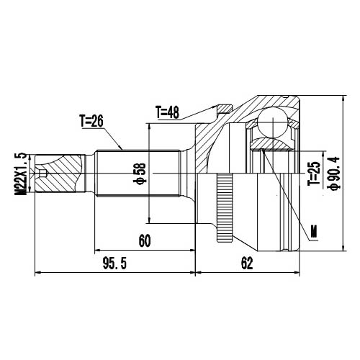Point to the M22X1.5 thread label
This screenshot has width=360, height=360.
(x=21, y=174)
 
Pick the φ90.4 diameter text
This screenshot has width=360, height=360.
(x=332, y=174)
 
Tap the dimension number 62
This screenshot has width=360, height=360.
(x=247, y=264)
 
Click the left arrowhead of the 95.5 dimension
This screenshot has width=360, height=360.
(x=37, y=274)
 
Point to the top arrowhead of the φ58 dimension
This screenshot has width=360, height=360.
(x=148, y=125)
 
